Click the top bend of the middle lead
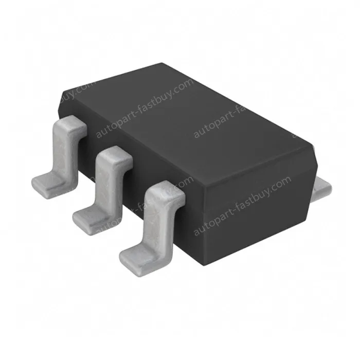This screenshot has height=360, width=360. pos(114,155)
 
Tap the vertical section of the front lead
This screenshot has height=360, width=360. pos(157,221)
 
